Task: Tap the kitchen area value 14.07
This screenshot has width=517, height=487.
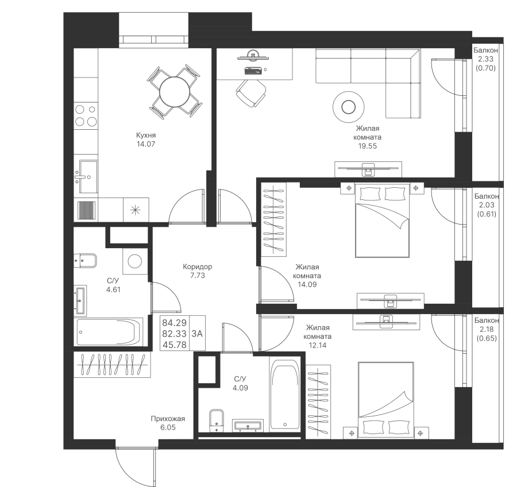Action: click(x=146, y=144)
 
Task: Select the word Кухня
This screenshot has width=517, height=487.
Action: click(x=146, y=135)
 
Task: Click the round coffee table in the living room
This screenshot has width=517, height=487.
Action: click(x=349, y=107)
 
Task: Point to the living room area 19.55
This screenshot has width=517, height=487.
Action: click(x=367, y=146)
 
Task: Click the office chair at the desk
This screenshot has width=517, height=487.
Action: click(x=251, y=92)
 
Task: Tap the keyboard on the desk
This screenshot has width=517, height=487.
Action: click(x=253, y=70)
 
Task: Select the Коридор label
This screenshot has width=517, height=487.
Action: click(x=198, y=266)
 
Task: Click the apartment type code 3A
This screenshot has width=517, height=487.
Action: click(x=197, y=334)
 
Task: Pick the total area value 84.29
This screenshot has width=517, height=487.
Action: click(x=175, y=323)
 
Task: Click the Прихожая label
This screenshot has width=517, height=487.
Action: click(x=168, y=419)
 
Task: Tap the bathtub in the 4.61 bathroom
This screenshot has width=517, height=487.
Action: click(x=108, y=332)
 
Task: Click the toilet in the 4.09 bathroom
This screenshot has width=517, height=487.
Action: click(x=217, y=420)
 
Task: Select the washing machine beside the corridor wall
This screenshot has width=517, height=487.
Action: click(x=135, y=261)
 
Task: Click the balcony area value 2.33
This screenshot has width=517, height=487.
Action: click(x=485, y=59)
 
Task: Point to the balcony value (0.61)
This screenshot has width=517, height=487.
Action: click(x=487, y=214)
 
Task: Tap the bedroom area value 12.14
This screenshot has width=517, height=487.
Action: click(x=317, y=346)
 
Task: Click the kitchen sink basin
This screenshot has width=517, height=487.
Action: click(x=88, y=176)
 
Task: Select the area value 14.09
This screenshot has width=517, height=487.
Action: click(x=307, y=284)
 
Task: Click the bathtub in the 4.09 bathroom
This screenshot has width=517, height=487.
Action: click(x=285, y=394)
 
